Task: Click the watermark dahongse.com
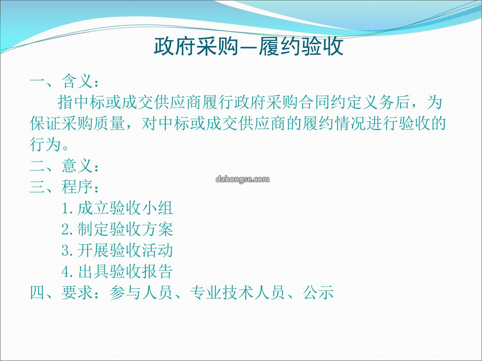[x=242, y=179]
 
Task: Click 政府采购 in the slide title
[x=196, y=46]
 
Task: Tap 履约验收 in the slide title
[x=301, y=46]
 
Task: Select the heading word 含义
[x=77, y=81]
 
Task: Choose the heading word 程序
[x=77, y=187]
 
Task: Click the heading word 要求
[x=77, y=292]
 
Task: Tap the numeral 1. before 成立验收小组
[x=68, y=208]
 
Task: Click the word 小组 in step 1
[x=158, y=208]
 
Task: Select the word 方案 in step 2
[x=158, y=229]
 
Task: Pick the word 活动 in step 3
[x=158, y=250]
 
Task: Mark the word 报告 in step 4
[x=158, y=271]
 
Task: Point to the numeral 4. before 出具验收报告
[x=68, y=272]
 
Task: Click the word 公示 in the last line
[x=318, y=292]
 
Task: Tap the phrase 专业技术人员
[x=237, y=292]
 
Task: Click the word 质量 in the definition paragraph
[x=109, y=123]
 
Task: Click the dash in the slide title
[x=249, y=48]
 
